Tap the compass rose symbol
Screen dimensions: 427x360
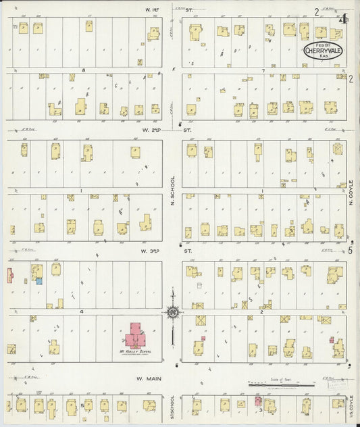click(172, 311)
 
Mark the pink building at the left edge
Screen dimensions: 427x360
click(9, 275)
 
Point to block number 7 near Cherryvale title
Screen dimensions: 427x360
click(263, 70)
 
